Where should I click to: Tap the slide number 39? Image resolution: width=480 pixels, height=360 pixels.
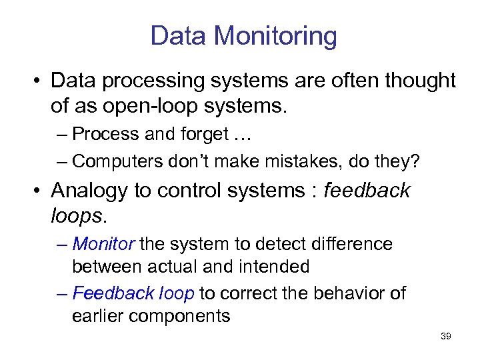pyautogui.click(x=446, y=336)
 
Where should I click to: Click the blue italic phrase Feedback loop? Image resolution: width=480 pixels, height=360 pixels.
pyautogui.click(x=133, y=293)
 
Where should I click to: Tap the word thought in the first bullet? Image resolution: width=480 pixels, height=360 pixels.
pyautogui.click(x=418, y=81)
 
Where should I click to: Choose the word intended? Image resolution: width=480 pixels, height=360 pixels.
pyautogui.click(x=275, y=267)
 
